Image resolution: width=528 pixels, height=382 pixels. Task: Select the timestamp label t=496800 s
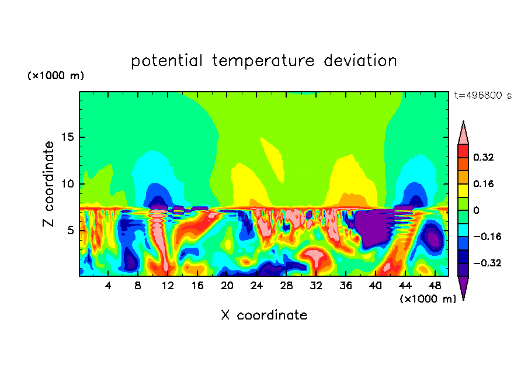tap(482, 96)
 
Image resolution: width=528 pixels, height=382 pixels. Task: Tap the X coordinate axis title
tap(264, 315)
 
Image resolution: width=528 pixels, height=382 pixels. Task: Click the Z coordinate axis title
tap(49, 183)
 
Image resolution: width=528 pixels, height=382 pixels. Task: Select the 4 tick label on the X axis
tap(109, 286)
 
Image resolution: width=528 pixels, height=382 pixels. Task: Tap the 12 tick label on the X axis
tap(168, 286)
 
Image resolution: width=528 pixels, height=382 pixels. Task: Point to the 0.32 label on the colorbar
tap(484, 157)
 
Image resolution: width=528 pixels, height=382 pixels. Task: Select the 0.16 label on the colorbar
tap(484, 183)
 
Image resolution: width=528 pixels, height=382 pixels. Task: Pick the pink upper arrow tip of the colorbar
tap(463, 133)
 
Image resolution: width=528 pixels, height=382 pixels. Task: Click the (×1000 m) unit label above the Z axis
tap(55, 76)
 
